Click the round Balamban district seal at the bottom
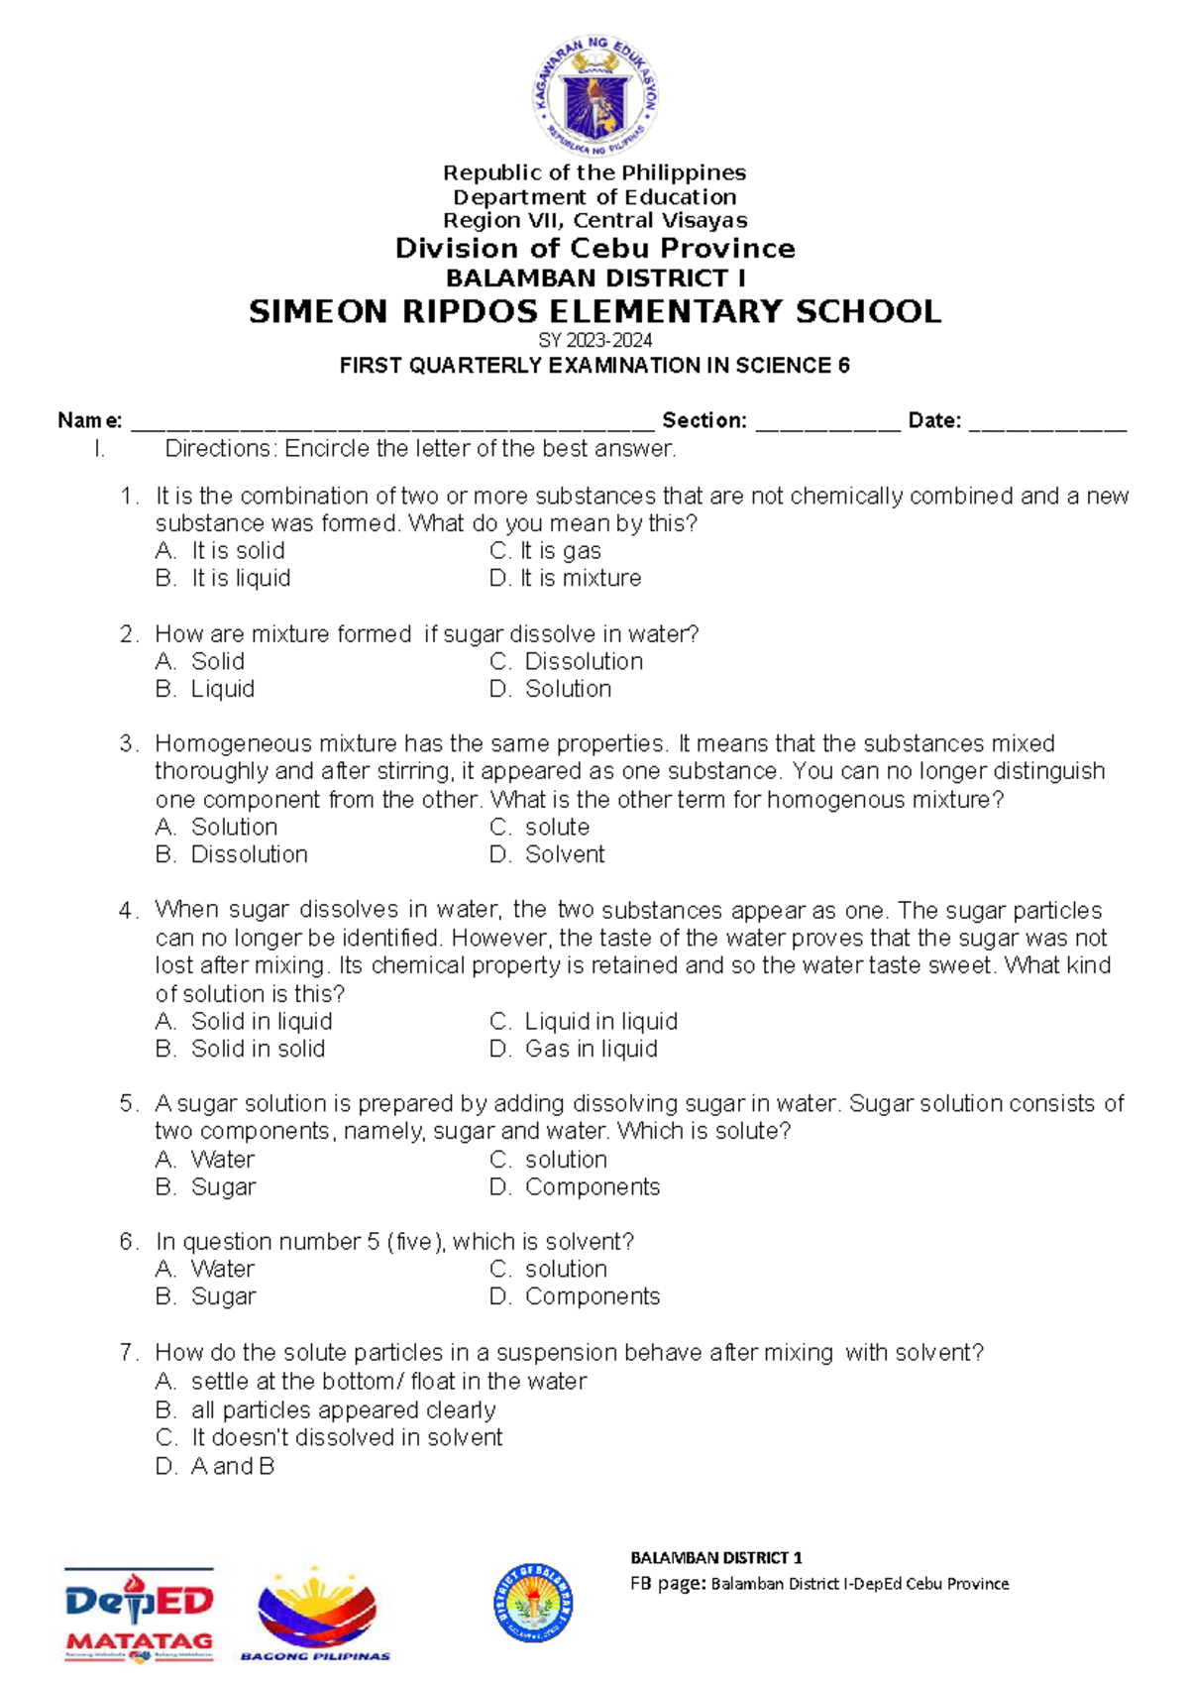pyautogui.click(x=533, y=1603)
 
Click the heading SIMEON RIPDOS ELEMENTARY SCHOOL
pyautogui.click(x=594, y=312)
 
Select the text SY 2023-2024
pyautogui.click(x=594, y=340)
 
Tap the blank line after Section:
pyautogui.click(x=828, y=423)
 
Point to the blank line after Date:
pyautogui.click(x=1047, y=423)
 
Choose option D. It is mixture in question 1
pyautogui.click(x=566, y=578)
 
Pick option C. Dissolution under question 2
pyautogui.click(x=567, y=661)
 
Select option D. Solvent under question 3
pyautogui.click(x=548, y=854)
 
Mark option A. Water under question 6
pyautogui.click(x=205, y=1269)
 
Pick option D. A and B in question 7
pyautogui.click(x=215, y=1466)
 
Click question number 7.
pyautogui.click(x=128, y=1353)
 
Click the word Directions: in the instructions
pyautogui.click(x=222, y=449)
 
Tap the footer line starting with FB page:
pyautogui.click(x=819, y=1583)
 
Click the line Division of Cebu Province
pyautogui.click(x=594, y=248)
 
